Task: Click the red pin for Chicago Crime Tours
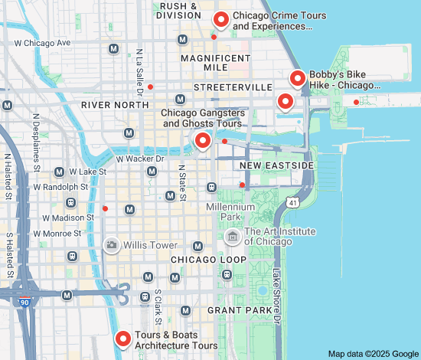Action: (x=221, y=19)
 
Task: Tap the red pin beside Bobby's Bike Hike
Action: (x=298, y=77)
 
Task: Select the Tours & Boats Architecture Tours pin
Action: (x=122, y=339)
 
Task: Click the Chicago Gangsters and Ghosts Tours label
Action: (x=202, y=118)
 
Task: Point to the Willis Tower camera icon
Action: (x=112, y=245)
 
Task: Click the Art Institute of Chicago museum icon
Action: (x=231, y=237)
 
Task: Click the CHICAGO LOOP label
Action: (x=208, y=260)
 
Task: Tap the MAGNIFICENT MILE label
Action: (x=215, y=63)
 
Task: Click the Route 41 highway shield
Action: (x=293, y=202)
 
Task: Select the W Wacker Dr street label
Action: (x=140, y=159)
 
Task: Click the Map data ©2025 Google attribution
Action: (x=372, y=353)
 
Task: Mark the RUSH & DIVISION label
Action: (x=179, y=10)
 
